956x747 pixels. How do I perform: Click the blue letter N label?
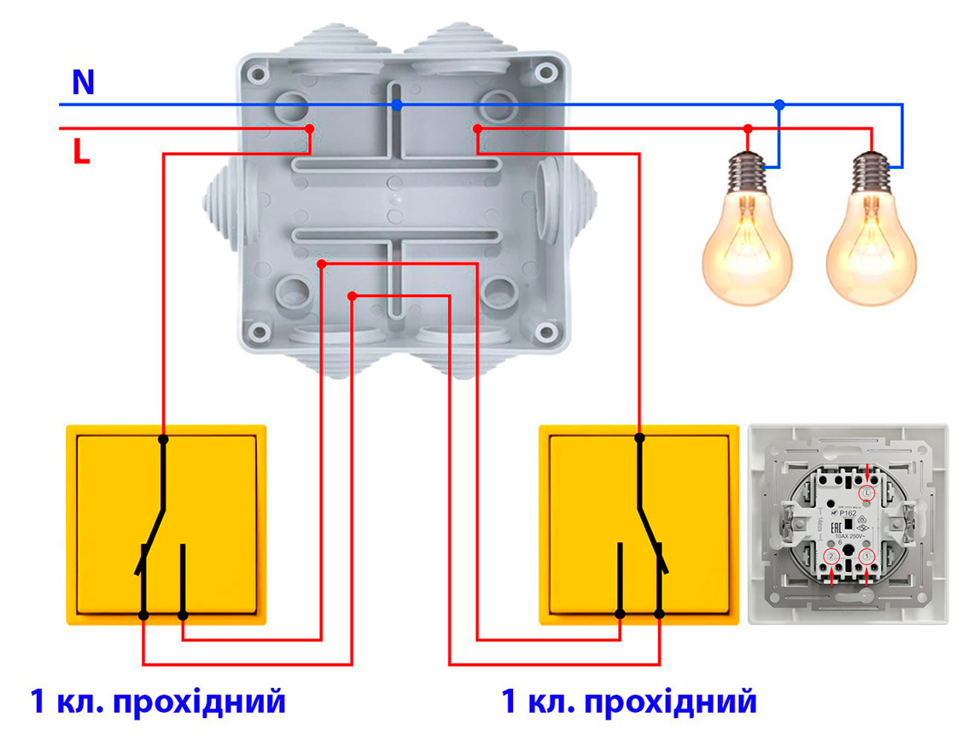click(x=83, y=82)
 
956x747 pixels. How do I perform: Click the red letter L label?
click(x=81, y=152)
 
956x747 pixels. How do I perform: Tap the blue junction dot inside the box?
click(x=397, y=105)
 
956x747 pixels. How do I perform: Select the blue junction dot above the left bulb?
click(x=778, y=105)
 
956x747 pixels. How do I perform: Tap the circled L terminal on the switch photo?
click(x=868, y=493)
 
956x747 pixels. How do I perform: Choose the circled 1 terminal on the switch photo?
click(x=868, y=557)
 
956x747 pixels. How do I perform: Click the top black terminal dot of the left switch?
click(x=163, y=439)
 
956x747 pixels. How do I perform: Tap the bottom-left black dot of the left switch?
click(x=143, y=615)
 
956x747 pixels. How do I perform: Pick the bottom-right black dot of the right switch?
click(x=659, y=614)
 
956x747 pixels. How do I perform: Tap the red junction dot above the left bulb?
click(x=748, y=129)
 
